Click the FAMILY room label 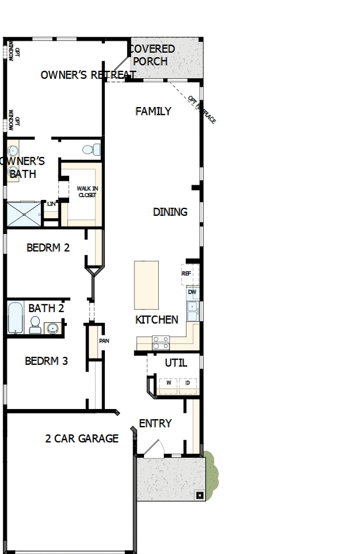pyautogui.click(x=153, y=112)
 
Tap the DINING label pyautogui.click(x=170, y=212)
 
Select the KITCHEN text pyautogui.click(x=156, y=320)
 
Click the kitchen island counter pyautogui.click(x=146, y=285)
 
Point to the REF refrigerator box pyautogui.click(x=187, y=273)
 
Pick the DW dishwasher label pyautogui.click(x=192, y=292)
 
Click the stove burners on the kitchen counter pyautogui.click(x=160, y=342)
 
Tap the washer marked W pyautogui.click(x=168, y=383)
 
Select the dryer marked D pyautogui.click(x=188, y=383)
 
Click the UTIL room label pyautogui.click(x=176, y=363)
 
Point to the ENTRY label pyautogui.click(x=155, y=424)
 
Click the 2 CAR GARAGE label pyautogui.click(x=82, y=438)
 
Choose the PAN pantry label pyautogui.click(x=104, y=341)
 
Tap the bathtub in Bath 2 pyautogui.click(x=15, y=318)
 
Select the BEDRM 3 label pyautogui.click(x=46, y=361)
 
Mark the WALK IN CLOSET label pyautogui.click(x=87, y=191)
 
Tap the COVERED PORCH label pyautogui.click(x=152, y=55)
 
